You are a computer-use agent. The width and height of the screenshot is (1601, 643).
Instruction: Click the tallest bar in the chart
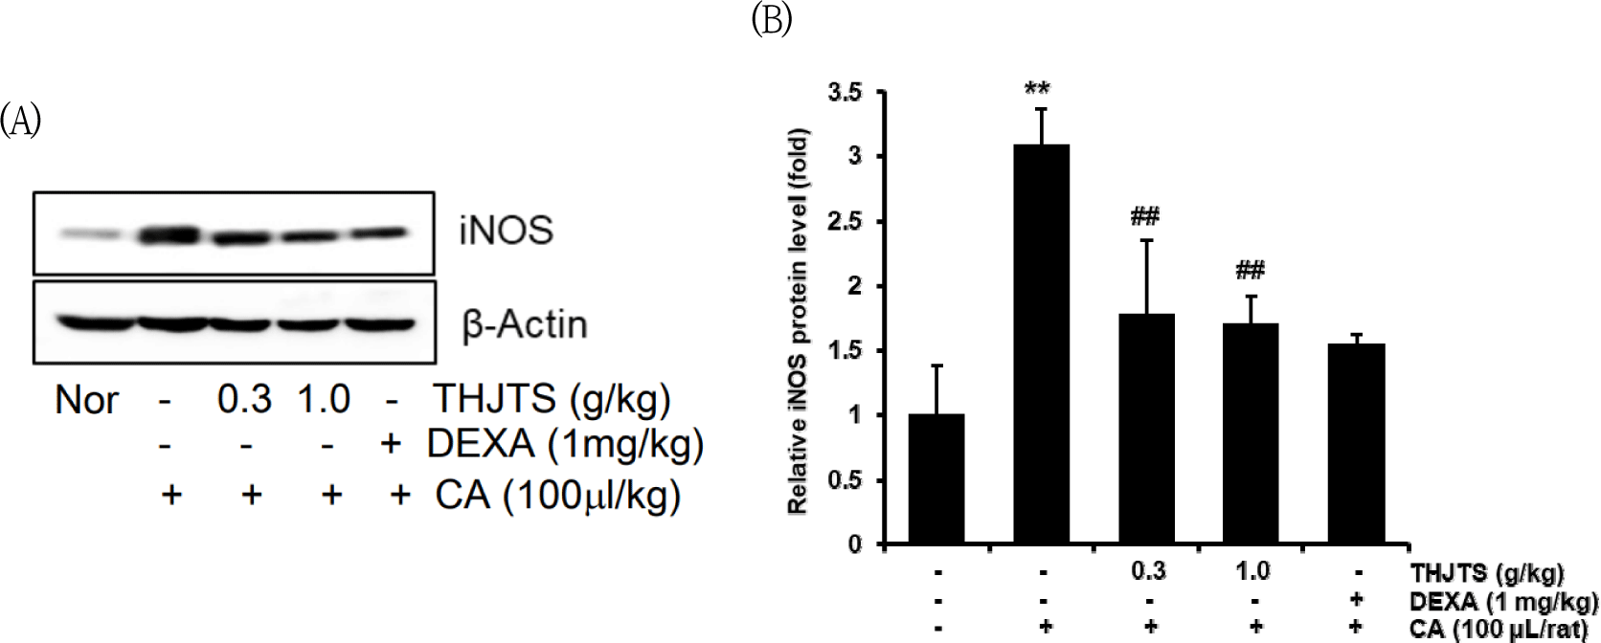pos(1041,344)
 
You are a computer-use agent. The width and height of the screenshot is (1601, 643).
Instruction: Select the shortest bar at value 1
pos(936,478)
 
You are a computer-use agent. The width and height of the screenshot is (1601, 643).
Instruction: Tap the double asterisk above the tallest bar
pos(1037,90)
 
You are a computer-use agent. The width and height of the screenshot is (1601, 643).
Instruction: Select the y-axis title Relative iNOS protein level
pos(798,321)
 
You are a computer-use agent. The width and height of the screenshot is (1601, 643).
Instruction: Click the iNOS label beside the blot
pos(506,231)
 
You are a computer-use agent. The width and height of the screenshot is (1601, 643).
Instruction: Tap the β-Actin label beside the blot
pos(525,325)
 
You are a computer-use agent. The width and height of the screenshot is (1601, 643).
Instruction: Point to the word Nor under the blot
pos(87,400)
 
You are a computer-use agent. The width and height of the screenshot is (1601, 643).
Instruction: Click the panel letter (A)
pos(20,121)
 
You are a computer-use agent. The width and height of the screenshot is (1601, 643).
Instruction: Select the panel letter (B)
pos(772,19)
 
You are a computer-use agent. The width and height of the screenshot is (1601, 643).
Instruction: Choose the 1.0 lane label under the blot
pos(324,399)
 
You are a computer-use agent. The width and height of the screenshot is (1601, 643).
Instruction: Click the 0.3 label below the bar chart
pos(1148,571)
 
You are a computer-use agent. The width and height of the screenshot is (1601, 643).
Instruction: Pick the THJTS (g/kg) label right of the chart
pos(1486,573)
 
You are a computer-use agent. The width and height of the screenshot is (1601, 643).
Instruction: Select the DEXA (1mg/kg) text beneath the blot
pos(565,444)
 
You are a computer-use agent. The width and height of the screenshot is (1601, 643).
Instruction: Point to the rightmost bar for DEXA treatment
pos(1357,444)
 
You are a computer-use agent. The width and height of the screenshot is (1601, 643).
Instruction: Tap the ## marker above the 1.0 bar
pos(1250,270)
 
